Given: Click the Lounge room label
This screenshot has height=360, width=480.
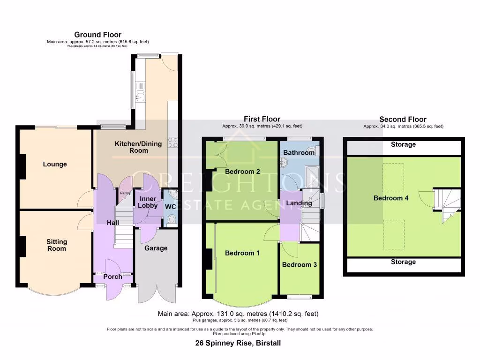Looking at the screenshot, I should click(55, 164).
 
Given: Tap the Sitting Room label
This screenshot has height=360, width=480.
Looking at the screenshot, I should click(56, 245).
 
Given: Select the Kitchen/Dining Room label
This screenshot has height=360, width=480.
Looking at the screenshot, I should click(132, 147).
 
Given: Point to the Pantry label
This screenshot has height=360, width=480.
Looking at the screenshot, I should click(125, 193).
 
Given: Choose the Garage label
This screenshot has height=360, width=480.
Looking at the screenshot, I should click(156, 248).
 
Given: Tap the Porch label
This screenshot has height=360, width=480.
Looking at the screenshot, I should click(112, 277).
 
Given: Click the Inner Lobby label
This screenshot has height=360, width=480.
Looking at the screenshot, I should click(148, 202).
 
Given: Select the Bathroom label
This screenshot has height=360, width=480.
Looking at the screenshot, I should click(299, 153).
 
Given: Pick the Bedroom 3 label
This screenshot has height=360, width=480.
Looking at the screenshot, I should click(299, 265).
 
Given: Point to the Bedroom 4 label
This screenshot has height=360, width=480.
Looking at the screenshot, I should click(390, 198).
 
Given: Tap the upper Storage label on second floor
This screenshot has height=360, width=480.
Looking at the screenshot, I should click(403, 144).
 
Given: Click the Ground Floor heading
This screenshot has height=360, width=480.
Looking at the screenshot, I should click(97, 35).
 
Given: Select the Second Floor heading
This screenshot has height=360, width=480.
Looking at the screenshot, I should click(403, 120).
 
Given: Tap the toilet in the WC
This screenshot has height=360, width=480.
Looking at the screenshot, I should click(172, 218).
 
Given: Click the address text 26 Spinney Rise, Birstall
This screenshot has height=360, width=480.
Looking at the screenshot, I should click(238, 343).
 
